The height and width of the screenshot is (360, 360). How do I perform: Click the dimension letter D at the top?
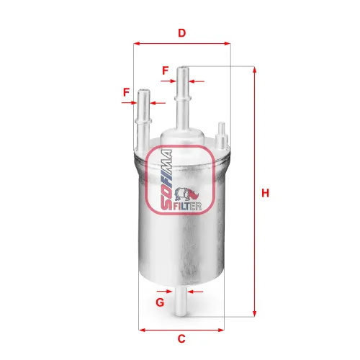(x=182, y=33)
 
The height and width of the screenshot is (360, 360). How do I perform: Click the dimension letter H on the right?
(x=266, y=193)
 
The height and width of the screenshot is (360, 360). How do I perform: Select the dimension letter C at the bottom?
(x=182, y=339)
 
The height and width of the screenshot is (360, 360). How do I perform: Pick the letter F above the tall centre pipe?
(x=165, y=71)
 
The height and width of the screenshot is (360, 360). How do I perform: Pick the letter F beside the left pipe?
(x=126, y=92)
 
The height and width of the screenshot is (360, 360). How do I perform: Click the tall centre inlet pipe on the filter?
(x=184, y=97)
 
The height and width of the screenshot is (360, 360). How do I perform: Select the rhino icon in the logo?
(x=194, y=194)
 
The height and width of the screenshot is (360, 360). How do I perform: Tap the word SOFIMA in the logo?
(x=163, y=181)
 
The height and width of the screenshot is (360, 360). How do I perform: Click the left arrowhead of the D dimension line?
(x=137, y=43)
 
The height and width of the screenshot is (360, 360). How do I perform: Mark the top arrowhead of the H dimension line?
(x=254, y=70)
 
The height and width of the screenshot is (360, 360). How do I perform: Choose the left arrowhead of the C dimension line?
(x=140, y=330)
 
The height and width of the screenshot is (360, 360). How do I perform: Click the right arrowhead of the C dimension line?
(x=224, y=330)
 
